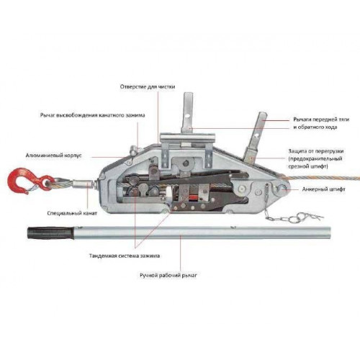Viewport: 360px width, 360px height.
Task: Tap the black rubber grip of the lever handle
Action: (x=51, y=233)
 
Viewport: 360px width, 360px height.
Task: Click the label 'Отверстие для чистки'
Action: (x=148, y=86)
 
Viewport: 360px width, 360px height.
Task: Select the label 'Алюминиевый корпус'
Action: (x=54, y=156)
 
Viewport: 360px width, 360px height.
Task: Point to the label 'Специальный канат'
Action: (x=72, y=213)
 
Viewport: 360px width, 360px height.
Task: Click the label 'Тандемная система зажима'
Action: (x=125, y=256)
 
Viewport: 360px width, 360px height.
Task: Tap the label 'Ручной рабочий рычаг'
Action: (x=168, y=275)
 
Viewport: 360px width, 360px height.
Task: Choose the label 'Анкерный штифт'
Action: (x=323, y=189)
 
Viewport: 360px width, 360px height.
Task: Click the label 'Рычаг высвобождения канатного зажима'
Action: (x=92, y=115)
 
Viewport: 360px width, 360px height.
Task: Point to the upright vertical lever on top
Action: (x=187, y=113)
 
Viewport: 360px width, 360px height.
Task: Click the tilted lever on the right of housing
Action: (x=254, y=138)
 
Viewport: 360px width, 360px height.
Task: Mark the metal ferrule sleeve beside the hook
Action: (x=81, y=184)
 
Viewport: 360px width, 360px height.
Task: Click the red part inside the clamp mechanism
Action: (x=194, y=198)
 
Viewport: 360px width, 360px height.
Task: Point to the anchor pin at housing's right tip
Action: (x=282, y=189)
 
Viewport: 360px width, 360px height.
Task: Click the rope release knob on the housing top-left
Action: (x=133, y=150)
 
